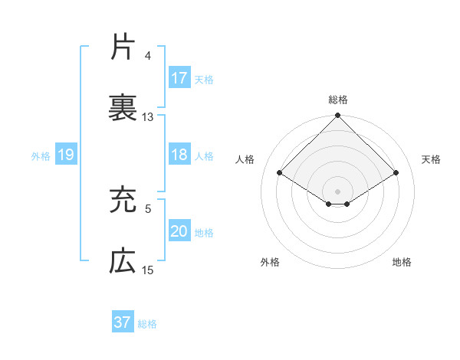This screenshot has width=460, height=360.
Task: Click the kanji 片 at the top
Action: (x=123, y=47)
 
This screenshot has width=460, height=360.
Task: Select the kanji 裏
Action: (x=123, y=108)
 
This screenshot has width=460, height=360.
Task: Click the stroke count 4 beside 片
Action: (x=148, y=56)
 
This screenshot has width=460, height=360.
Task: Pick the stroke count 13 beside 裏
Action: (x=148, y=117)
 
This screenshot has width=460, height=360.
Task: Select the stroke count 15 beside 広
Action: (x=148, y=270)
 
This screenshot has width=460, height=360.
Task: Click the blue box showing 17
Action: (x=179, y=78)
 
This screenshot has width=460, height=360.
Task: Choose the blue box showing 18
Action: (x=179, y=155)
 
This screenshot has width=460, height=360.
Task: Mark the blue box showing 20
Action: (x=179, y=231)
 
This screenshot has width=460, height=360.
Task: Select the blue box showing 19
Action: (x=66, y=155)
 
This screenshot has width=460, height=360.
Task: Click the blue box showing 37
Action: (x=123, y=322)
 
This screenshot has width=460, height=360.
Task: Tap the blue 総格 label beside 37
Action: (x=147, y=324)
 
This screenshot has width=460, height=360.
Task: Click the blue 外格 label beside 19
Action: (x=41, y=156)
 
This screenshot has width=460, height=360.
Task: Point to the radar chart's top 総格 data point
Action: (x=337, y=116)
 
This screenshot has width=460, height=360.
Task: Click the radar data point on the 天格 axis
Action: (x=396, y=173)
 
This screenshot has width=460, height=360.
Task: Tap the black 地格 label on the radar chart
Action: (x=402, y=263)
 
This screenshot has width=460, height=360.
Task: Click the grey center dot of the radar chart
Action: (x=337, y=191)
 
